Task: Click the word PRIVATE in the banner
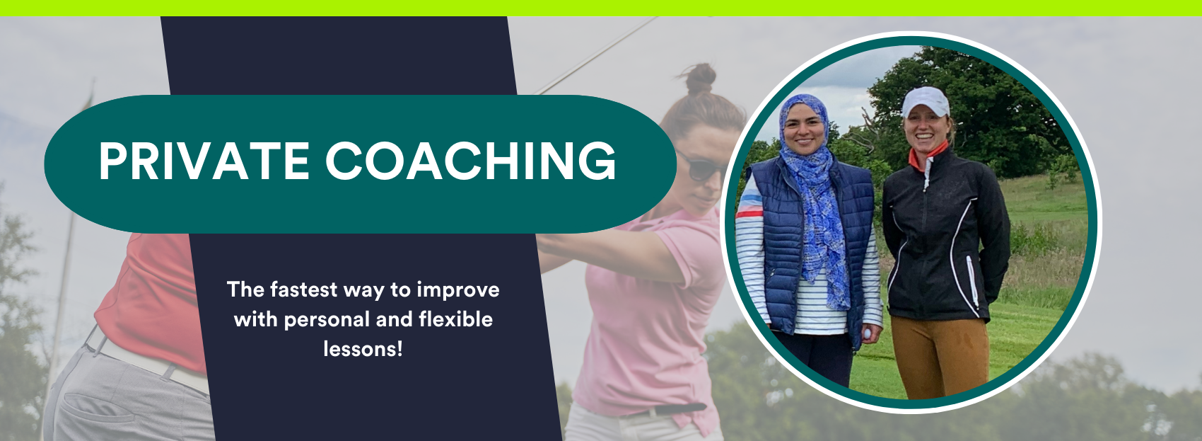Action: (x=204, y=161)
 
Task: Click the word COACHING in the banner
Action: (x=471, y=161)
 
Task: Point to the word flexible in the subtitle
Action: (x=455, y=320)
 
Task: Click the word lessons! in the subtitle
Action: (x=363, y=349)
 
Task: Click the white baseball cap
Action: (x=925, y=101)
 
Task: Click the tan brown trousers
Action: (x=942, y=355)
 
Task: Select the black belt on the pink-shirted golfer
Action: (x=665, y=410)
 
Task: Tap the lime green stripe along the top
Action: (x=601, y=8)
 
